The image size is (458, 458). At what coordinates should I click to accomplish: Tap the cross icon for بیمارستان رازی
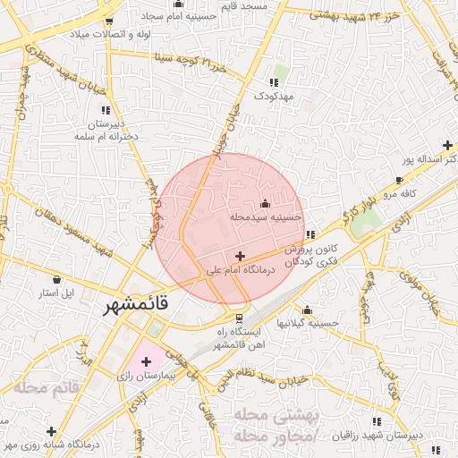pyautogui.click(x=146, y=360)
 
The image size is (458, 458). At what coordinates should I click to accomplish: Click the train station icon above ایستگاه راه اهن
pyautogui.click(x=239, y=318)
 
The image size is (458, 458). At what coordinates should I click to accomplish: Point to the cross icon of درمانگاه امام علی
pyautogui.click(x=239, y=257)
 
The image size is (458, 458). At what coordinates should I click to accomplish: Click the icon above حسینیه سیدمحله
pyautogui.click(x=264, y=203)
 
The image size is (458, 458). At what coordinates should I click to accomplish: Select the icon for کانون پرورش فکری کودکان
pyautogui.click(x=310, y=234)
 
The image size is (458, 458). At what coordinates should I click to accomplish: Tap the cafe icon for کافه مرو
pyautogui.click(x=399, y=181)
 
